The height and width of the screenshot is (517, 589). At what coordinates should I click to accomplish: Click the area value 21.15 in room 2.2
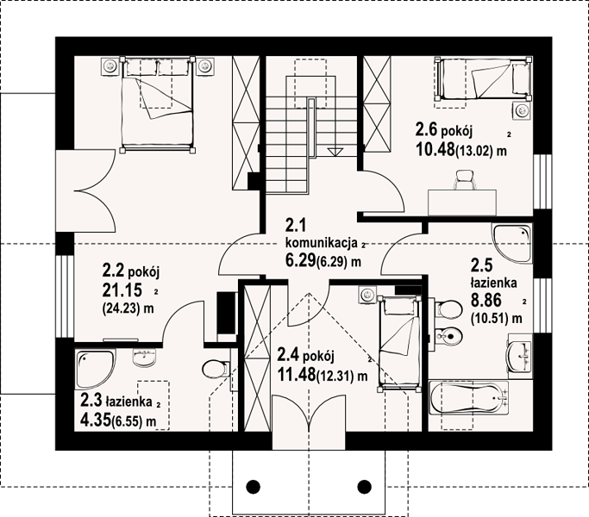(x=122, y=290)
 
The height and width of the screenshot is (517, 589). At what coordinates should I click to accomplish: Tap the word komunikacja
(x=321, y=242)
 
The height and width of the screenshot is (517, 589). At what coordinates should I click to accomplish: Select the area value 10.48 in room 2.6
(x=435, y=150)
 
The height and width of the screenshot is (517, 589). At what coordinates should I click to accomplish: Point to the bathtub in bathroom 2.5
(x=469, y=398)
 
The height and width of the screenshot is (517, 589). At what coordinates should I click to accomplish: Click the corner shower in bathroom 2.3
(x=96, y=369)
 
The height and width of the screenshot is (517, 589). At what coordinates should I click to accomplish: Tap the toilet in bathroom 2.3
(x=216, y=369)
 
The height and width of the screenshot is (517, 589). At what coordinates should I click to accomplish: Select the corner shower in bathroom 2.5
(x=512, y=242)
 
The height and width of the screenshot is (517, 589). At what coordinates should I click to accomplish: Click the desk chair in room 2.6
(x=465, y=180)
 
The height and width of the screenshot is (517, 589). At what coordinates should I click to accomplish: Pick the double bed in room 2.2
(x=158, y=104)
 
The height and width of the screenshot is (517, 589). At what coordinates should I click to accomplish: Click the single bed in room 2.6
(x=484, y=79)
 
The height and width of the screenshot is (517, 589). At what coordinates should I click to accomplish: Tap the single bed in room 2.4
(x=398, y=344)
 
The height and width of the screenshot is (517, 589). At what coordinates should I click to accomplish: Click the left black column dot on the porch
(x=254, y=487)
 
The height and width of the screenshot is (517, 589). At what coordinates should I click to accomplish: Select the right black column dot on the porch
(x=364, y=487)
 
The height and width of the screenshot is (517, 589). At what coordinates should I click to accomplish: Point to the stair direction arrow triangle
(x=335, y=152)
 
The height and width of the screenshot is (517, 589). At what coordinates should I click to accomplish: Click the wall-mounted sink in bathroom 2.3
(x=144, y=357)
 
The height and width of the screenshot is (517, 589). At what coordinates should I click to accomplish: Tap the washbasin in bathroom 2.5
(x=520, y=355)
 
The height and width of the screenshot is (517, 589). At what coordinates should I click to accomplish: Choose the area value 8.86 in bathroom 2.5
(x=486, y=301)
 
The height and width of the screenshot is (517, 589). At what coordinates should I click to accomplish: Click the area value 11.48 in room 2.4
(x=297, y=374)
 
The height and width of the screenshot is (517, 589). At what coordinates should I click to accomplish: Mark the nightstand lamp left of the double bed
(x=110, y=66)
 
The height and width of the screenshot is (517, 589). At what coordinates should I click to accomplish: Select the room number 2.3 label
(x=91, y=400)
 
